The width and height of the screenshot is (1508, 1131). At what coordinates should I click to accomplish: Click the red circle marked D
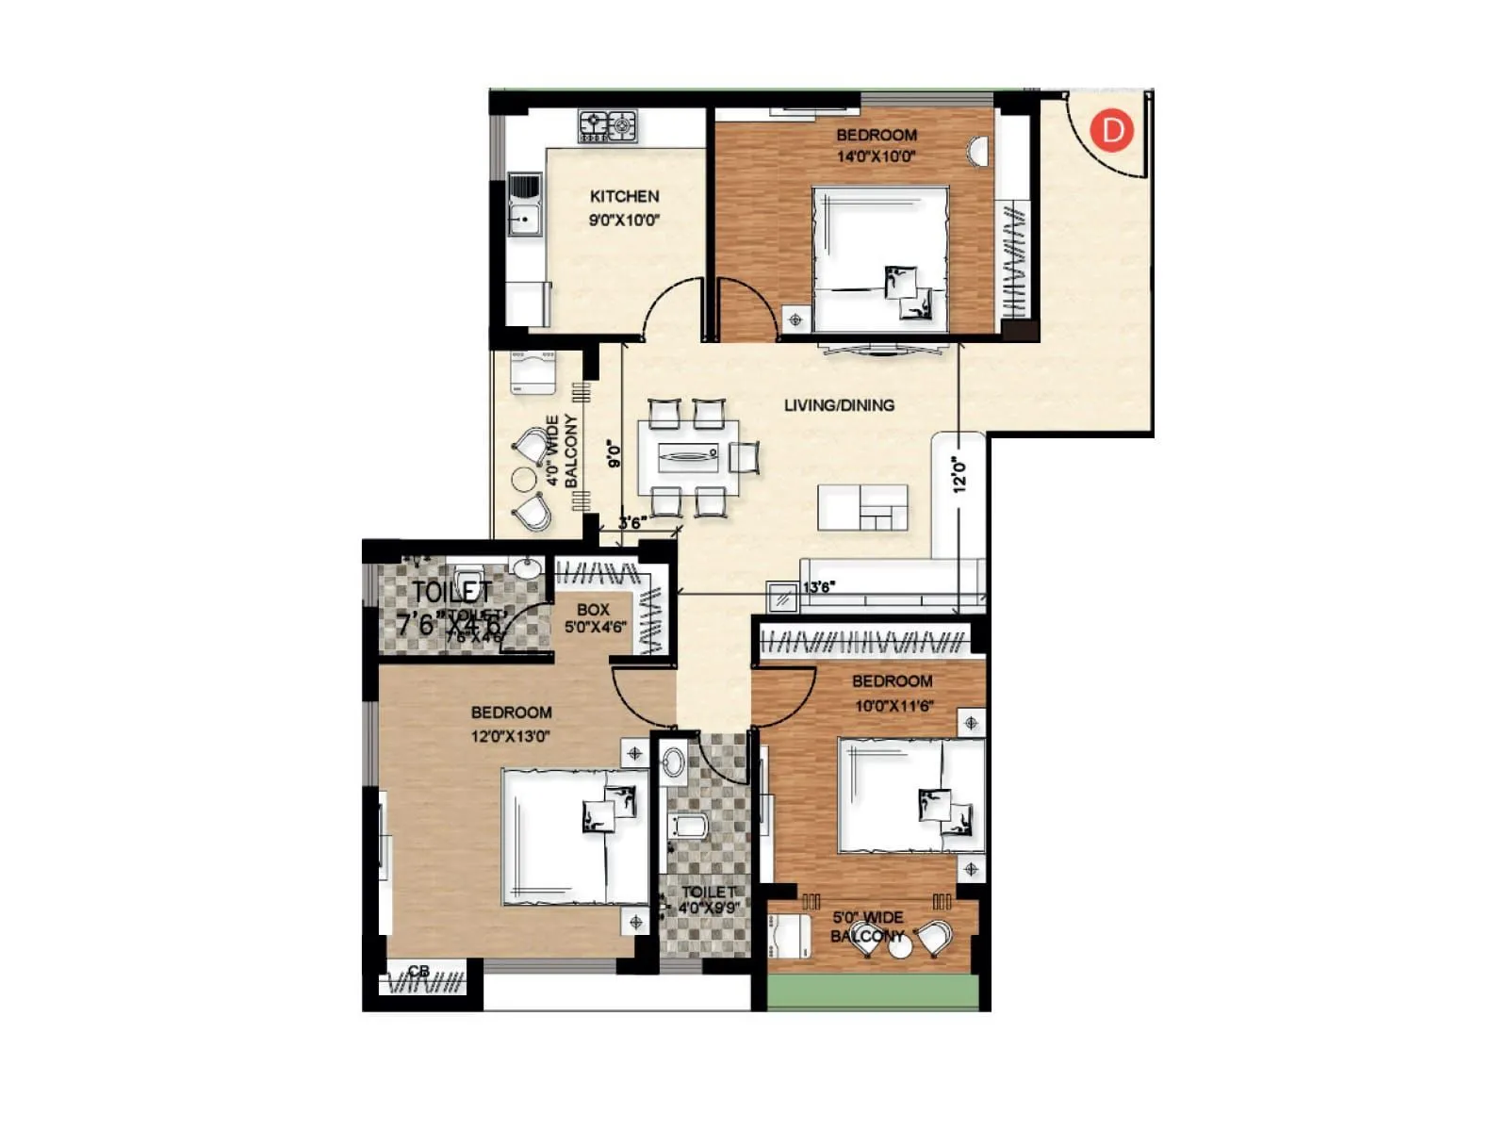point(1112,129)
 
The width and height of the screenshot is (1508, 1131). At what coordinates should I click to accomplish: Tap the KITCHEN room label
point(624,196)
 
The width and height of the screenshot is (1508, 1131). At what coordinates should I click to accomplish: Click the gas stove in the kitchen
point(608,124)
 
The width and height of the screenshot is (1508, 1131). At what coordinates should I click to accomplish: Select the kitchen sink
point(525,205)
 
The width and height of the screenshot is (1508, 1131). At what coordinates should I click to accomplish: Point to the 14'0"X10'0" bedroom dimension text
point(876,156)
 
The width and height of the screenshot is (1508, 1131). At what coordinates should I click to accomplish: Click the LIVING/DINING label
point(839,405)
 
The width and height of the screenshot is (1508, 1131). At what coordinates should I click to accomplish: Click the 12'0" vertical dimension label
point(959,474)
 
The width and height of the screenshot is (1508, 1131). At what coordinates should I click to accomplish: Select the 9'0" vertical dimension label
point(615,454)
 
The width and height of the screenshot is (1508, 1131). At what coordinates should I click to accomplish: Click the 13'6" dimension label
point(818,587)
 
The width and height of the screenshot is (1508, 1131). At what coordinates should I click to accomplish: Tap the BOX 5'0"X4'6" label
point(595,617)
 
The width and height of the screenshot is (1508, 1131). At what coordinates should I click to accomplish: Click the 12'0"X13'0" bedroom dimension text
point(510,736)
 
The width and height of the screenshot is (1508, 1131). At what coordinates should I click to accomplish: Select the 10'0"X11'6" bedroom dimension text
point(893,705)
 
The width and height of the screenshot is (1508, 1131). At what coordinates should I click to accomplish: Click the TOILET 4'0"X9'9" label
point(709,899)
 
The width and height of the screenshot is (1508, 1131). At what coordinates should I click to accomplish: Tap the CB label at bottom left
point(418,971)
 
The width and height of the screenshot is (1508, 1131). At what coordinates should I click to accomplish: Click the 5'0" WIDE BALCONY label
point(867,926)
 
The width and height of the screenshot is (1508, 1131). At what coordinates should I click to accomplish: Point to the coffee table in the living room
point(862,508)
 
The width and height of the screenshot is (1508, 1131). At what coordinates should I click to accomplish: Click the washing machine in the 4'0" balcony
point(533,371)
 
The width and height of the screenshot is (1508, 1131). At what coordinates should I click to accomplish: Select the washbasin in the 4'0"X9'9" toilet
point(673,762)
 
